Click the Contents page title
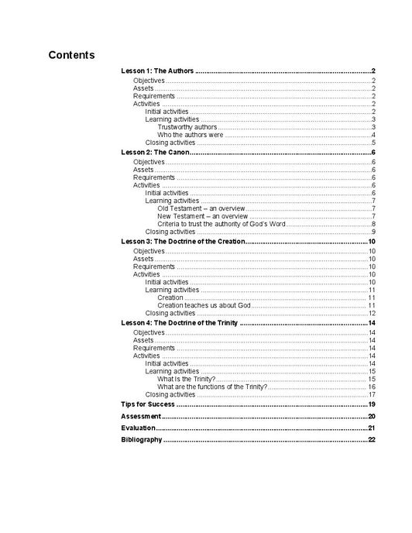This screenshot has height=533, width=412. [71, 55]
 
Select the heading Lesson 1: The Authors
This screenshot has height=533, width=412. [158, 71]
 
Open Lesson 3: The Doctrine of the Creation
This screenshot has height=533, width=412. [183, 242]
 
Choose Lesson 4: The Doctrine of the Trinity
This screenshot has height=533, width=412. [180, 322]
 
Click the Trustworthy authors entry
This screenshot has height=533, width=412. [187, 127]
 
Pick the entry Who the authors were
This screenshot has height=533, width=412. [190, 135]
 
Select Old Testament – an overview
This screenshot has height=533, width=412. [201, 208]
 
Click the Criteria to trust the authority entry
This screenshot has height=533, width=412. [221, 224]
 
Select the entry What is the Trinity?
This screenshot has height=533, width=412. [186, 379]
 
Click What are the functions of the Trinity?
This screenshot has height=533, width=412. [212, 387]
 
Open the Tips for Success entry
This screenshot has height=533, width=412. [148, 404]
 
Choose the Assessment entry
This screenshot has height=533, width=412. [140, 416]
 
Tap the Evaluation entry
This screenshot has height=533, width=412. [139, 428]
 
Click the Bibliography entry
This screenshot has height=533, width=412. [142, 439]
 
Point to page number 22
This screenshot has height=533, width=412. [372, 439]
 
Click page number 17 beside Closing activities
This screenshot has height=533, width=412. [372, 394]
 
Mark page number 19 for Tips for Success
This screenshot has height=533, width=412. [372, 404]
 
